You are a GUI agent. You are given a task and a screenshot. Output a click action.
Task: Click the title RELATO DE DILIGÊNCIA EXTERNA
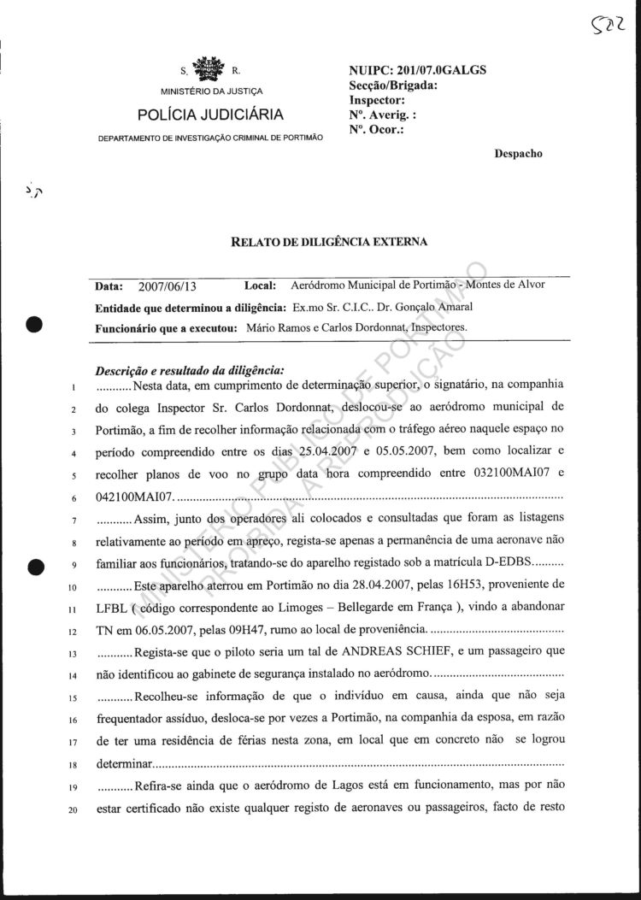[x=329, y=242]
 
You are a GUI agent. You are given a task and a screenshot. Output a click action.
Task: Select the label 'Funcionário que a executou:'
[x=167, y=327]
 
